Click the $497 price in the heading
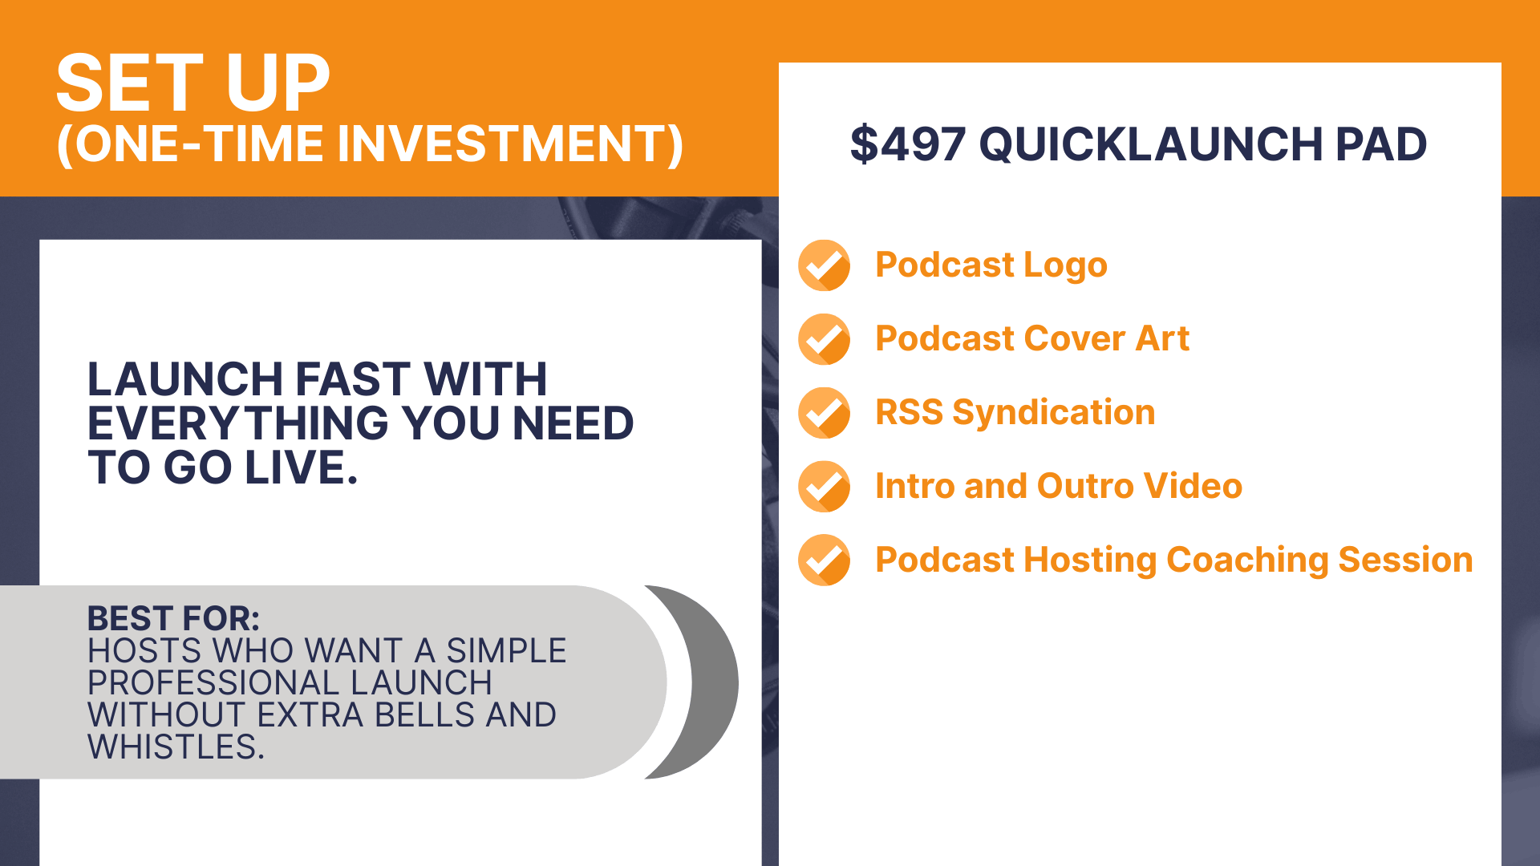tap(908, 144)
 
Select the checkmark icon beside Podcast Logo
tap(824, 265)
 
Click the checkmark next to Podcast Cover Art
tap(824, 339)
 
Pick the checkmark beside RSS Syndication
tap(824, 413)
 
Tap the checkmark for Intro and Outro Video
tap(824, 487)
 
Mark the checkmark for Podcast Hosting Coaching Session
tap(824, 560)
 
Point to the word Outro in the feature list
tap(1085, 486)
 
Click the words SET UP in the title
tap(193, 83)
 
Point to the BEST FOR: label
tap(173, 618)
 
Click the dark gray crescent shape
tap(714, 682)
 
